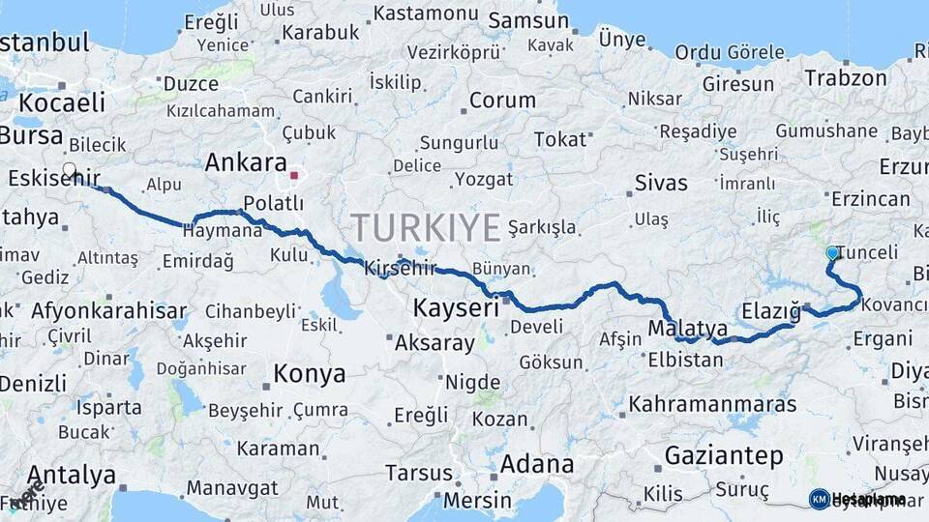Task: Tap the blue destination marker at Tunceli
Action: tap(832, 253)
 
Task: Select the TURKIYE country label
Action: tap(426, 227)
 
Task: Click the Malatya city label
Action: tap(687, 327)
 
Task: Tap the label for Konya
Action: tap(309, 373)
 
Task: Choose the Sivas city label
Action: tap(661, 183)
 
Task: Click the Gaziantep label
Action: tap(723, 455)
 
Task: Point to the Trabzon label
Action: tap(846, 78)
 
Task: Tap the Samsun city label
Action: tap(528, 20)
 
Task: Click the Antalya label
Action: tap(72, 476)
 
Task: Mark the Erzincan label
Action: tap(870, 199)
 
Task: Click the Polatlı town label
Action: tap(274, 203)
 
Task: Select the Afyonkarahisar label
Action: tap(108, 311)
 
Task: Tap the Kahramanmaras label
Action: tap(712, 404)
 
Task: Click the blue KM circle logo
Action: tap(819, 499)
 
